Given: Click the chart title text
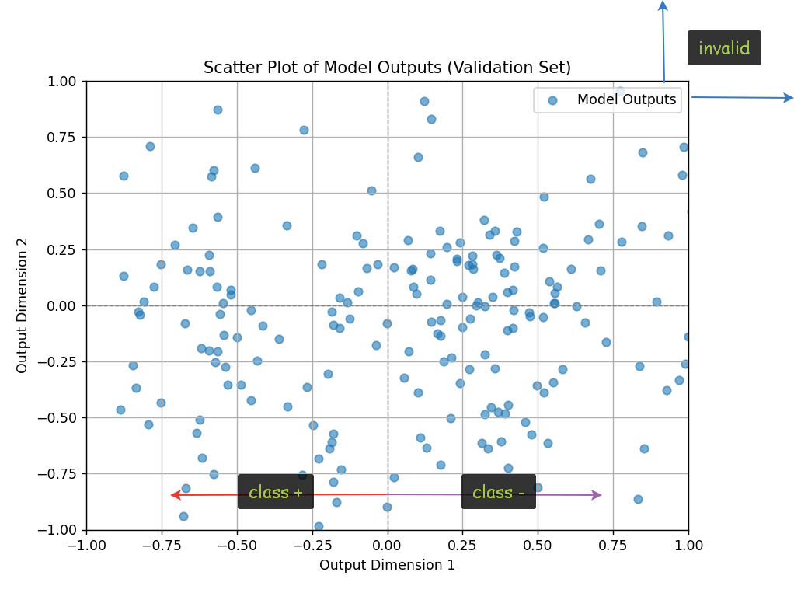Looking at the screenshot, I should [x=387, y=68].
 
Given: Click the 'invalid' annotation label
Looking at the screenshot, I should [x=724, y=48].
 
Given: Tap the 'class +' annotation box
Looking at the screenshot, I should [x=276, y=492].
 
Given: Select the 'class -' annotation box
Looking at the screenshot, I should [x=499, y=492].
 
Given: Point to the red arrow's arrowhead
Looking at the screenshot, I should [x=176, y=494].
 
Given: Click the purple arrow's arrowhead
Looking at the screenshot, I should [x=596, y=494].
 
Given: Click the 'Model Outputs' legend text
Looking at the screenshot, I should [x=626, y=99].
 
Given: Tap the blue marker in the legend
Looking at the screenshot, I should [x=552, y=100].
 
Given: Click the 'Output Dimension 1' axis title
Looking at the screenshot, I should [x=387, y=565].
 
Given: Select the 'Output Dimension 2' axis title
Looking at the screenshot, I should [x=22, y=305].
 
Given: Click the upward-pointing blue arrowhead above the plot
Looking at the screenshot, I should [x=663, y=6].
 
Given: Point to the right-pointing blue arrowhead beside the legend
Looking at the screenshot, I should [x=788, y=98].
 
